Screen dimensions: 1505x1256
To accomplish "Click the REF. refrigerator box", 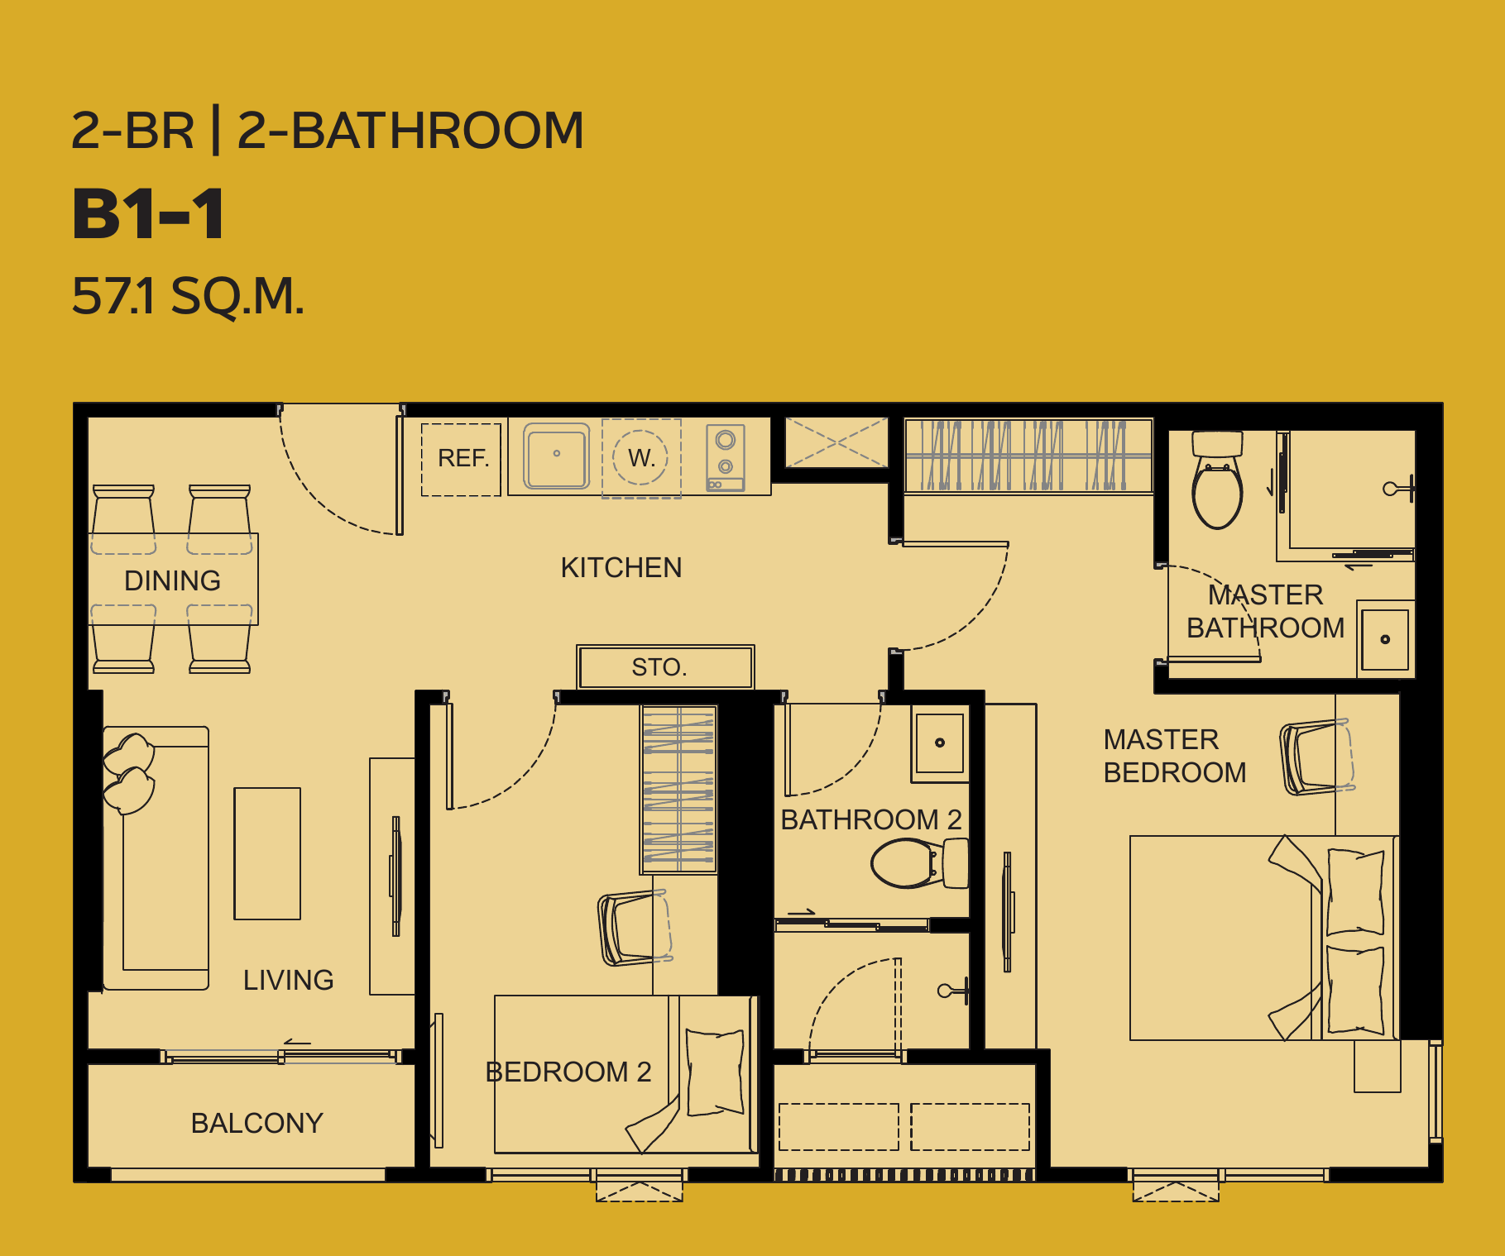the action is pos(461,459).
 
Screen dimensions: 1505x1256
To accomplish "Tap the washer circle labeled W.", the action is pos(640,457).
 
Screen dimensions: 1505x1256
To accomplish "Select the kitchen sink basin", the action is pos(557,456).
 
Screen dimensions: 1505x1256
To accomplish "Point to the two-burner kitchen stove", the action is pos(726,457).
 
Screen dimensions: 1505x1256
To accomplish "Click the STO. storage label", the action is pos(659,667).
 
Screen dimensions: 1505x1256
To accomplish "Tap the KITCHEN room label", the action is pos(621,568).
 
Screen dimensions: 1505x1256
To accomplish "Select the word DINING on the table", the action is pos(172,580).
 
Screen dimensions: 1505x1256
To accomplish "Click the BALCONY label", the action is pos(256,1123).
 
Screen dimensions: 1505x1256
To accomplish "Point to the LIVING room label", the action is pos(288,980).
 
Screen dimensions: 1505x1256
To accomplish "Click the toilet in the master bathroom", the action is pos(1217,480).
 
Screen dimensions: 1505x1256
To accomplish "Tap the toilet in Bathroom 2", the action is pos(919,863).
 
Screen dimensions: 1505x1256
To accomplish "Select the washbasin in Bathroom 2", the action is pos(939,743).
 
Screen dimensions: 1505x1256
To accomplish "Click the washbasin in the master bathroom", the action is pos(1385,639).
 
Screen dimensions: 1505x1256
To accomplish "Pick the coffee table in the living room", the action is pos(267,853).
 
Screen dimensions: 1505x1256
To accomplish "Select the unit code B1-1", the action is pos(148,213).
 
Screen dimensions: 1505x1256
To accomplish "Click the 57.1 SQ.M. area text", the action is pos(189,295).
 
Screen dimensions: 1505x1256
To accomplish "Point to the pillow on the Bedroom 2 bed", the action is pos(714,1072).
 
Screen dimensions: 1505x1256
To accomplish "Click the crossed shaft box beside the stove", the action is pos(836,442).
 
